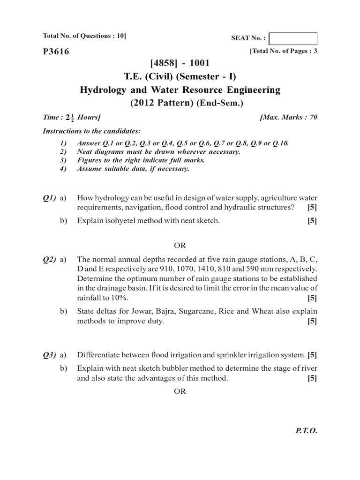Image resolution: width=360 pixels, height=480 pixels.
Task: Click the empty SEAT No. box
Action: (293, 38)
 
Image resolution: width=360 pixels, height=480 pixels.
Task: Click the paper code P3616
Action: (56, 52)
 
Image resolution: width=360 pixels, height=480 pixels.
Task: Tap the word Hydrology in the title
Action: (100, 90)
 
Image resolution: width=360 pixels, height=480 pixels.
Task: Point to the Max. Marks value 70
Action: (313, 117)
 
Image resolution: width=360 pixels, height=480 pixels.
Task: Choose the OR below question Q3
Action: (180, 391)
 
